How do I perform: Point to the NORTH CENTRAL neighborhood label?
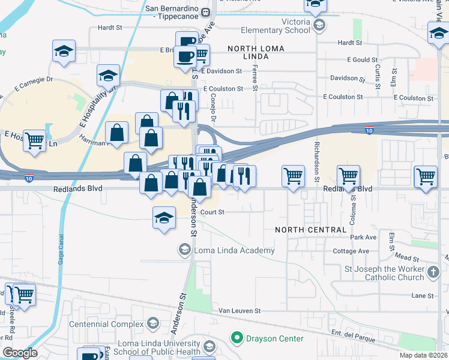point(310,230)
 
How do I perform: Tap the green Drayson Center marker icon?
point(237,338)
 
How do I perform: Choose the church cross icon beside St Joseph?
point(434,273)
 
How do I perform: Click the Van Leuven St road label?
point(240,311)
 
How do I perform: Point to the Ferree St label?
point(255,80)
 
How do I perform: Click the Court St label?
point(212,212)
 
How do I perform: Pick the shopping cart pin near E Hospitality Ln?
point(34,141)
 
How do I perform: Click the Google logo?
point(20,353)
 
